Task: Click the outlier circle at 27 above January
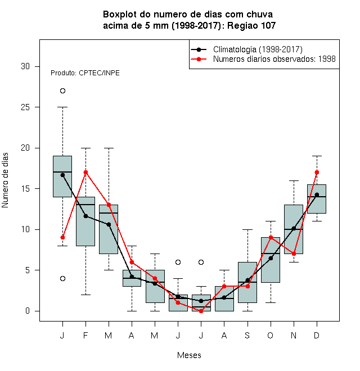click(x=62, y=91)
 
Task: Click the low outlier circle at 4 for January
click(x=62, y=278)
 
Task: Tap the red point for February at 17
click(x=85, y=172)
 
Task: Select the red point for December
click(x=317, y=172)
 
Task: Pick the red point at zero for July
click(x=201, y=311)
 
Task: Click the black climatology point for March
click(x=109, y=224)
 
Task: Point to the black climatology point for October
click(x=271, y=258)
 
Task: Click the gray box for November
click(x=294, y=229)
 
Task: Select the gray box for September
click(x=247, y=282)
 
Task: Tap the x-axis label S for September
click(x=247, y=335)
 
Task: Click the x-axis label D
click(x=317, y=335)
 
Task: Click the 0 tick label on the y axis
click(x=28, y=311)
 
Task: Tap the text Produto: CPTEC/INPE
click(x=85, y=73)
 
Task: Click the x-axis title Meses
click(x=189, y=355)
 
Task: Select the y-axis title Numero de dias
click(x=5, y=180)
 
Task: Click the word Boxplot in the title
click(x=120, y=15)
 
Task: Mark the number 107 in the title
click(x=268, y=25)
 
